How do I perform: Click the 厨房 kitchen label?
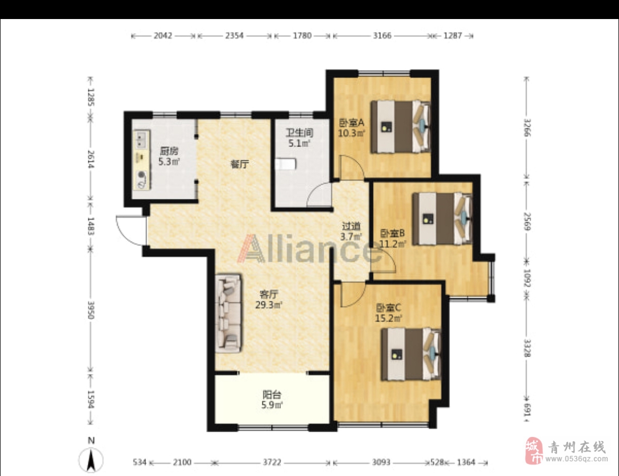coord(169,151)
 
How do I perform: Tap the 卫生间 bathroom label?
coord(299,133)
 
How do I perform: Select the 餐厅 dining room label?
coord(240,164)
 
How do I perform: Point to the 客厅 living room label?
coord(269,294)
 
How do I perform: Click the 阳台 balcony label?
coord(272,395)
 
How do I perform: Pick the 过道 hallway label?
coord(351,226)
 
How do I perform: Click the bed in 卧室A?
coord(400,127)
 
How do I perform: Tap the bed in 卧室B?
coord(442,218)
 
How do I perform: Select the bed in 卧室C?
coord(411,354)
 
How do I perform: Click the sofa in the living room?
coord(229,312)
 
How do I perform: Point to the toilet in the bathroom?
coord(286,164)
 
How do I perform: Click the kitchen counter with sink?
coord(142,160)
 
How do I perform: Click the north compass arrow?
coord(91,460)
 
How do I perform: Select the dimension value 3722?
coord(272,462)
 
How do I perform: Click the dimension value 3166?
coord(382,35)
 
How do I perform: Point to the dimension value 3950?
coord(91,310)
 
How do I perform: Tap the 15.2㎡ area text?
coord(388,318)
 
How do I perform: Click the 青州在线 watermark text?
coord(576,447)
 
